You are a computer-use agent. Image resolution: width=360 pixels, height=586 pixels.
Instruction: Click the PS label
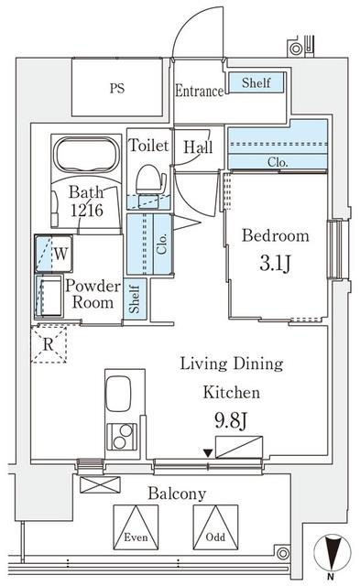coord(117,89)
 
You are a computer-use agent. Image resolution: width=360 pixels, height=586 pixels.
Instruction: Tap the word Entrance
coord(200,92)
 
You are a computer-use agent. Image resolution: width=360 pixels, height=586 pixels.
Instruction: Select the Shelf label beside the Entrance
coord(256,82)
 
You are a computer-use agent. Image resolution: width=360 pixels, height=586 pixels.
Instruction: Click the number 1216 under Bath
coord(87,210)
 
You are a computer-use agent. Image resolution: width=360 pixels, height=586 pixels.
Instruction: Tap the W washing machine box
coord(54,254)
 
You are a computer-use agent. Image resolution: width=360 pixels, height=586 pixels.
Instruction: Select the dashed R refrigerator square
coord(49,344)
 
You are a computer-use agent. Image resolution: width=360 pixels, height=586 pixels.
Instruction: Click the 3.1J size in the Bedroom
coord(275,263)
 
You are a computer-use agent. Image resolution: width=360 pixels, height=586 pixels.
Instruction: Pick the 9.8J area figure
coord(231,420)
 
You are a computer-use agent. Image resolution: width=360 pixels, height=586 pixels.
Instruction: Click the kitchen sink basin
coord(118,394)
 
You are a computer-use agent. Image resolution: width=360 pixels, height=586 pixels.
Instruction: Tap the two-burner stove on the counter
coord(122,437)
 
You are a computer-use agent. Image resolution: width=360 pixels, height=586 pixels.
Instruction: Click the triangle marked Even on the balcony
coord(136,527)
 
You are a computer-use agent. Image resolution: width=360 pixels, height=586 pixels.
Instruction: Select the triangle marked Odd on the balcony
coord(215,527)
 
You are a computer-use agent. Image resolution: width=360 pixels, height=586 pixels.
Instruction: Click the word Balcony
coord(177,494)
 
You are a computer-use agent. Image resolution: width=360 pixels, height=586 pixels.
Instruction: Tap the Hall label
coord(198,146)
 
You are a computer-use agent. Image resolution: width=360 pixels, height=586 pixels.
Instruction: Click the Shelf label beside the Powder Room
coord(135,299)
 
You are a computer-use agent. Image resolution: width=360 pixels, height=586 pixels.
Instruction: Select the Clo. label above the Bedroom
coord(278,162)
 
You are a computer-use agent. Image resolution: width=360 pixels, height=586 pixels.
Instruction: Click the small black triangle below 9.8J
coord(208,453)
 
